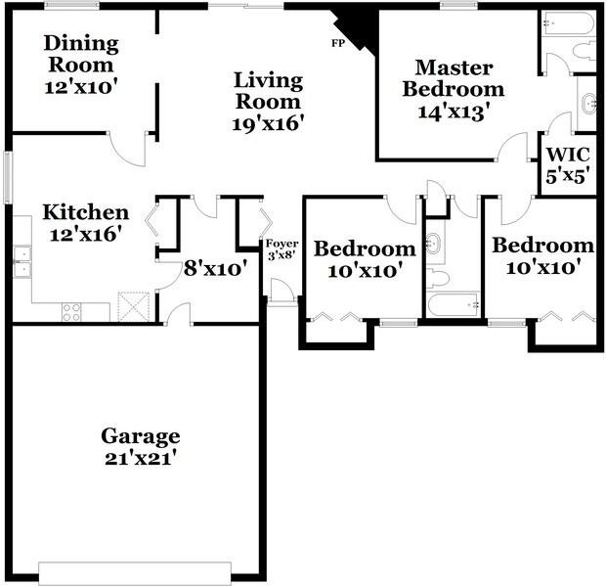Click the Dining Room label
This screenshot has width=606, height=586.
81,65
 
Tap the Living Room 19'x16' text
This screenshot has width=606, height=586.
269,101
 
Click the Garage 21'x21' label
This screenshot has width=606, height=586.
141,446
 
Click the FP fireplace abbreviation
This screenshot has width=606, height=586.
338,44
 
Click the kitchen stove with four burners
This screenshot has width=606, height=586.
72,311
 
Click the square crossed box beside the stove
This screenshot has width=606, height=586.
131,307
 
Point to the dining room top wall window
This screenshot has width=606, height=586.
71,7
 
